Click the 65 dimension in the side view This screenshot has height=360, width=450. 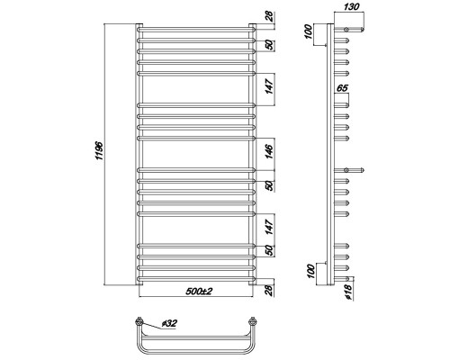click(x=342, y=88)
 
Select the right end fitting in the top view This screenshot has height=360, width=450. click(x=256, y=321)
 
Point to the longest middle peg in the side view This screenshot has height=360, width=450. click(x=353, y=168)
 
